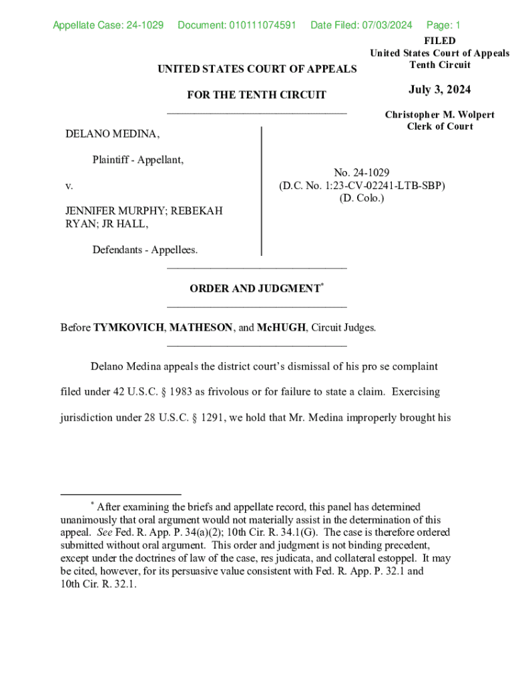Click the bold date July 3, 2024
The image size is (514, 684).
439,90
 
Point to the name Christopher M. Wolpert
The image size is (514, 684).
439,115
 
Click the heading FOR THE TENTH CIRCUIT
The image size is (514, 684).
256,95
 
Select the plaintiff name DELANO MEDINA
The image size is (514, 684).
112,134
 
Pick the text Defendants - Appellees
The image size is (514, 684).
145,250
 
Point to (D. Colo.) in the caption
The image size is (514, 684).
361,198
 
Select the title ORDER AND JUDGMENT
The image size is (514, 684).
254,289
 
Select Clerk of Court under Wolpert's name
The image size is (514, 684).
439,126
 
